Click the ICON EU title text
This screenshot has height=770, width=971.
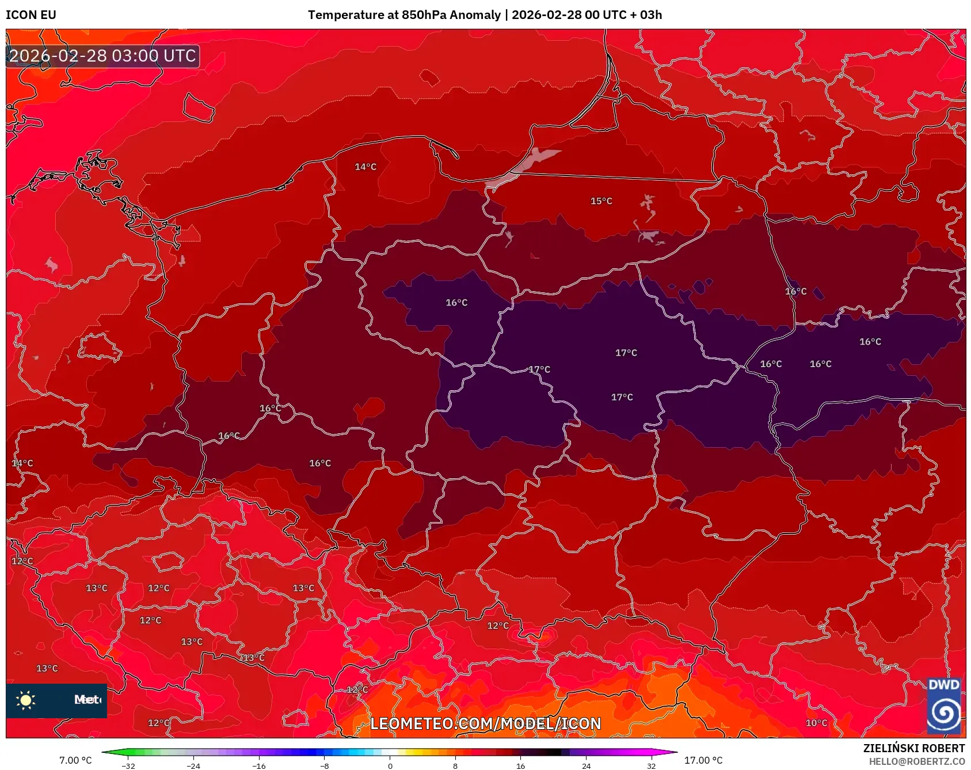31,15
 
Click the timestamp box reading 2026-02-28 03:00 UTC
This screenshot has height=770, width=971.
102,56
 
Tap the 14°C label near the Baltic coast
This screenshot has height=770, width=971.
365,167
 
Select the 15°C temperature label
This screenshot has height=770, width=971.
601,201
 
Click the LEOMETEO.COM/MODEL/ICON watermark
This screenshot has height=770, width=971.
485,723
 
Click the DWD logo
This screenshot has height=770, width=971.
944,706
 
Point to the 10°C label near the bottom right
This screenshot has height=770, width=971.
816,723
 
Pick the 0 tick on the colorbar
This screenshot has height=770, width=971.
390,765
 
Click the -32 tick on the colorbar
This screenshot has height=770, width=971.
128,765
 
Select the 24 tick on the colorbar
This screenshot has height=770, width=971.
586,765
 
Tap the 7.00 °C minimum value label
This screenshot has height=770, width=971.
75,760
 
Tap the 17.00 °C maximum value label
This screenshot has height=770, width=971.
703,760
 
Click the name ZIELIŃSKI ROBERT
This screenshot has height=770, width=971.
913,748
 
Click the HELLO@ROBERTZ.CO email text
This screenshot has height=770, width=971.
916,761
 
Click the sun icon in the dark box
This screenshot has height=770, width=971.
26,700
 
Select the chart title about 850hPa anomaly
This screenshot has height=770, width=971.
485,15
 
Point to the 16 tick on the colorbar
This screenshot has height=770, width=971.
520,765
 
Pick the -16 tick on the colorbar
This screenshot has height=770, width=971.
259,765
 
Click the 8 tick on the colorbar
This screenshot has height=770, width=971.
455,765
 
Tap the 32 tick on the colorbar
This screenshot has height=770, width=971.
651,765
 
